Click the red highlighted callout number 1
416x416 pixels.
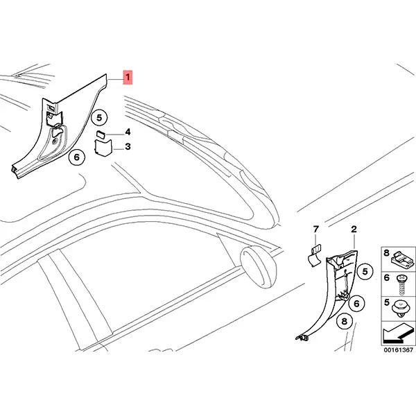(128, 77)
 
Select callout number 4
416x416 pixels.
(128, 132)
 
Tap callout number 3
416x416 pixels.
(128, 146)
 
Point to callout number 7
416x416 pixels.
(315, 229)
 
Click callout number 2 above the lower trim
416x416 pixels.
(354, 229)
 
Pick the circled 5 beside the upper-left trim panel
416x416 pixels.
(99, 118)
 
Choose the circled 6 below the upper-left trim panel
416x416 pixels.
(77, 157)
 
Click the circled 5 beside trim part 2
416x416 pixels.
(365, 271)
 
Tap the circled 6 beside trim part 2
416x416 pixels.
(356, 303)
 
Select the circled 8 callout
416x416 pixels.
(345, 321)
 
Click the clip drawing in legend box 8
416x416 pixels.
(402, 259)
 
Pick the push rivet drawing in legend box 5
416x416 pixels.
(402, 309)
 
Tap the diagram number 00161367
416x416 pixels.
(399, 350)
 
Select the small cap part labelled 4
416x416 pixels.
(101, 134)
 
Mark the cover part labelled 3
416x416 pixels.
(103, 148)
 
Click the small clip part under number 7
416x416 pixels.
(315, 257)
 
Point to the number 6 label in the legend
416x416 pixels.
(387, 278)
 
